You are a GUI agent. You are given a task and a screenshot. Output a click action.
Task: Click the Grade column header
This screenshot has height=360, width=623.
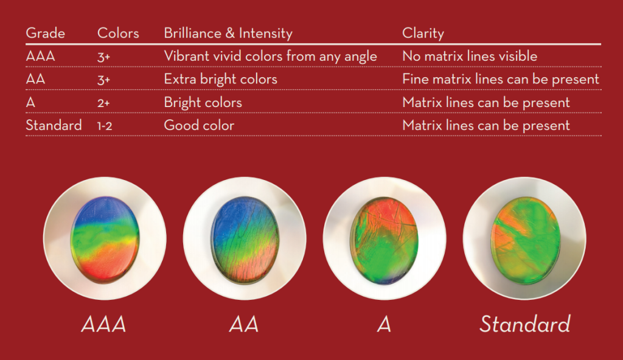tap(45, 33)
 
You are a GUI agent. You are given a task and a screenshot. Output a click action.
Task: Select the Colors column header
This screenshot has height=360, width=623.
tap(118, 33)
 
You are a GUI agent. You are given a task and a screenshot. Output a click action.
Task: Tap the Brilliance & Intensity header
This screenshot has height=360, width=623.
tap(228, 33)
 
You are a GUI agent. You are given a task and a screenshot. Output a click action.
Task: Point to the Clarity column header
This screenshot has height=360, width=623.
tap(423, 33)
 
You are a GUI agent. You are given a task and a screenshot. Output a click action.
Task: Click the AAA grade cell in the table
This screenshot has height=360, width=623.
tap(41, 56)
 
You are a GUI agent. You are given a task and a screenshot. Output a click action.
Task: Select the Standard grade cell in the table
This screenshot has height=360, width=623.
tap(54, 125)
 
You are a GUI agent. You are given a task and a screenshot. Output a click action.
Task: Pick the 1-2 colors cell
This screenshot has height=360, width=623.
tap(105, 126)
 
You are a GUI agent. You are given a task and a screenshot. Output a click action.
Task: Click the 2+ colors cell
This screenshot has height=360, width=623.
tap(103, 103)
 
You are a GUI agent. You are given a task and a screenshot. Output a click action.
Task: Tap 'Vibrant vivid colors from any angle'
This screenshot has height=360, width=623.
tap(270, 57)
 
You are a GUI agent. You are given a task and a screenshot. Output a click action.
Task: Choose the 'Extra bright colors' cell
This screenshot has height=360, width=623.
tap(220, 80)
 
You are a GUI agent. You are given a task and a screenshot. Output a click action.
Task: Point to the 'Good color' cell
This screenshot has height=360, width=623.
tap(199, 125)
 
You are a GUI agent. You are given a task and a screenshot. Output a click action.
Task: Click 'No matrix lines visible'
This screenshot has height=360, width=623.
tap(470, 56)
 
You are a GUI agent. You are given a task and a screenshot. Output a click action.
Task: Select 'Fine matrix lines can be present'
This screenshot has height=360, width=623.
tap(501, 79)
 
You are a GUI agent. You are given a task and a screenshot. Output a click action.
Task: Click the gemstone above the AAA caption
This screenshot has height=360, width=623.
tap(105, 239)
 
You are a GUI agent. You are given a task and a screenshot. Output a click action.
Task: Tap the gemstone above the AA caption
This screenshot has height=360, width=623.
tap(245, 240)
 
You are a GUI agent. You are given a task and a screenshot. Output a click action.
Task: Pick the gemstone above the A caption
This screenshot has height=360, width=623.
tap(385, 240)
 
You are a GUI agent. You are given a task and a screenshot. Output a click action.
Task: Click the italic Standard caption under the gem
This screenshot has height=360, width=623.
tap(525, 324)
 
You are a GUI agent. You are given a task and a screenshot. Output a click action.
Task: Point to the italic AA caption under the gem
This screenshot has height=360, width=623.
tap(244, 324)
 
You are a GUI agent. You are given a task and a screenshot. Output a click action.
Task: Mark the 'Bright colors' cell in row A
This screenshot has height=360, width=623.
tap(203, 103)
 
